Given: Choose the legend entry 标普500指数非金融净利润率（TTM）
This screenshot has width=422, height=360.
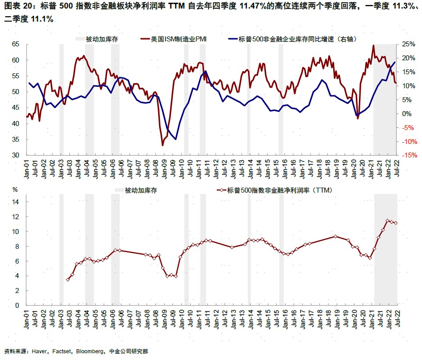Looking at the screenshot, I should click(279, 190).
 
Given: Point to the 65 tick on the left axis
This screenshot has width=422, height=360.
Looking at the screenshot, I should click(16, 44).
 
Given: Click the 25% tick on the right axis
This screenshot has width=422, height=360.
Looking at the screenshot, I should click(408, 44).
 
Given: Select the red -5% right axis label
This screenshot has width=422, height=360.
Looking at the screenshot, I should click(408, 127).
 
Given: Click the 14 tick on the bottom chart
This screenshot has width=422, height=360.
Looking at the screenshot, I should click(17, 202).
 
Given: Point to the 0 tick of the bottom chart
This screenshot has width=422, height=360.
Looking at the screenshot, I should click(18, 306).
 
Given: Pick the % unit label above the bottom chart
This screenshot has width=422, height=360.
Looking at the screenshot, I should click(15, 189).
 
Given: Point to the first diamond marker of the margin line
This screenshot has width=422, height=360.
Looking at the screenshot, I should click(68, 280).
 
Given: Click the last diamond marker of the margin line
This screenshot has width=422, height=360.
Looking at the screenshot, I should click(396, 223).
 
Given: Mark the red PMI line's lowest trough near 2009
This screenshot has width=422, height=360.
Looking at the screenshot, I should click(163, 145).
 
